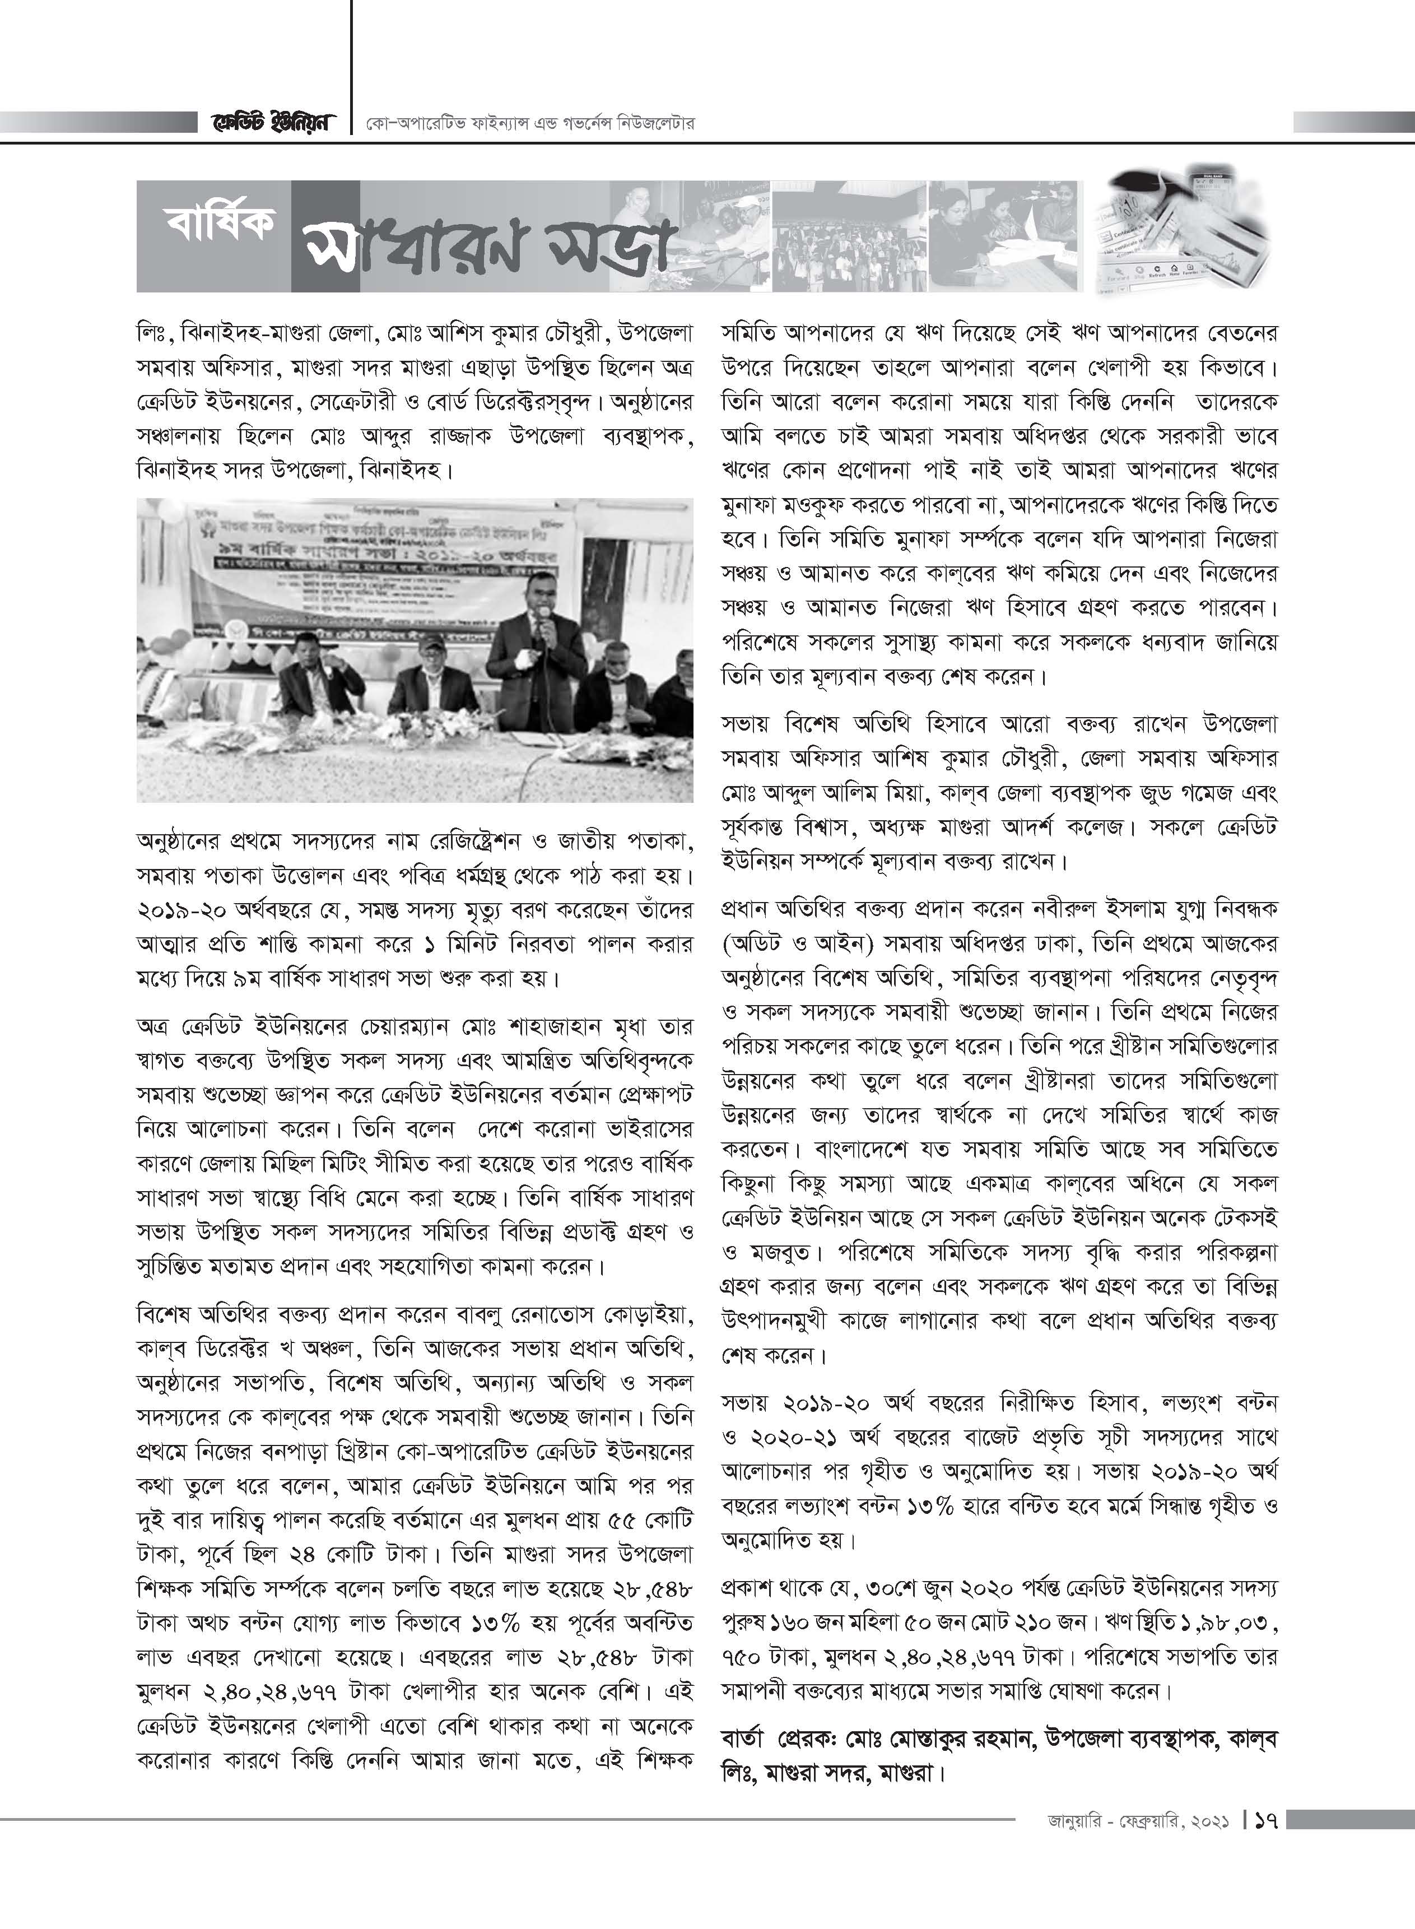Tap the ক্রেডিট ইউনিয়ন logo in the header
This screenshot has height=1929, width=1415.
click(x=269, y=123)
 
